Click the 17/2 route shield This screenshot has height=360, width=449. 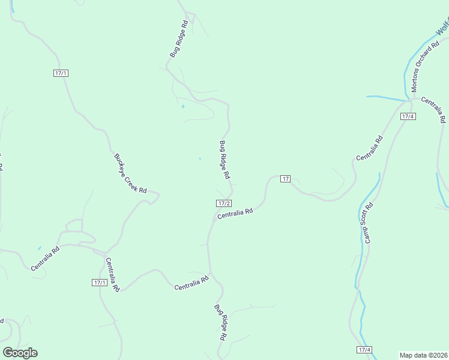point(224,203)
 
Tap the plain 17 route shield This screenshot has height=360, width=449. point(285,179)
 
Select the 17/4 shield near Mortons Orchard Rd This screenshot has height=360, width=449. point(408,116)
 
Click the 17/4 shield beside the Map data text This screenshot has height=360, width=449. point(364,350)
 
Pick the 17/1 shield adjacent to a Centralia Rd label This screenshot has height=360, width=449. point(100,283)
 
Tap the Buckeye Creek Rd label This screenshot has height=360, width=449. point(130,173)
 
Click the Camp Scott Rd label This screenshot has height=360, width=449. point(367,223)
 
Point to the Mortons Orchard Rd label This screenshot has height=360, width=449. point(421,68)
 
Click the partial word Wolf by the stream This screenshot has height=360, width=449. point(443,27)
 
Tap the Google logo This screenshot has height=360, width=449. point(20,353)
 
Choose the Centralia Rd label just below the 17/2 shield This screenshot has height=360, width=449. point(235,213)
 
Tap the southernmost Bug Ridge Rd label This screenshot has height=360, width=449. point(220,323)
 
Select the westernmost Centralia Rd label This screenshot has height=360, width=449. point(46,258)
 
